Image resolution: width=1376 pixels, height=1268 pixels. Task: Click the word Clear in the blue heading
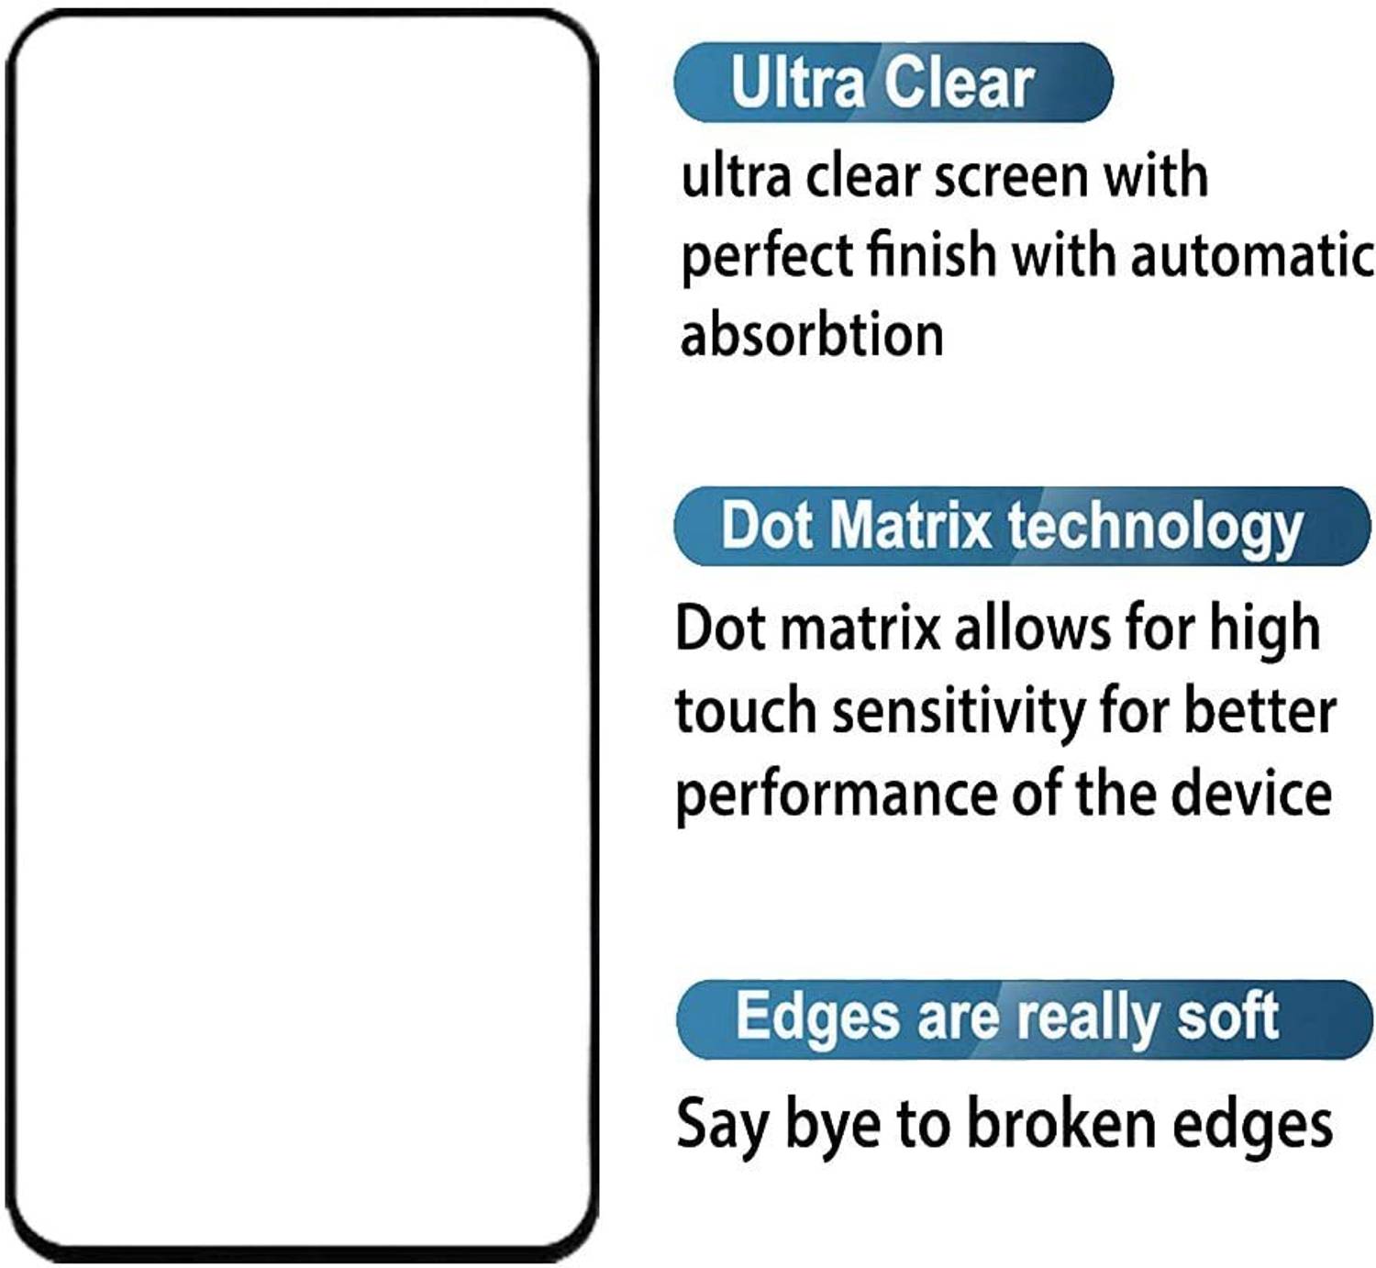click(959, 83)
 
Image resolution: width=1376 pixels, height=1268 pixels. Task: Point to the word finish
click(931, 254)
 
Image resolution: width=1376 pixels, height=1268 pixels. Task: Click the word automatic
click(1252, 256)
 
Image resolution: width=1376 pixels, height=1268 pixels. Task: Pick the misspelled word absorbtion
click(812, 335)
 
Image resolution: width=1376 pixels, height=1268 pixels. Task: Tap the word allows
click(1031, 628)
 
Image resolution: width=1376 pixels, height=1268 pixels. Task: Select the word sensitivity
click(958, 712)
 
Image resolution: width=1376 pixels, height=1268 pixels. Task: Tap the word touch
click(747, 711)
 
